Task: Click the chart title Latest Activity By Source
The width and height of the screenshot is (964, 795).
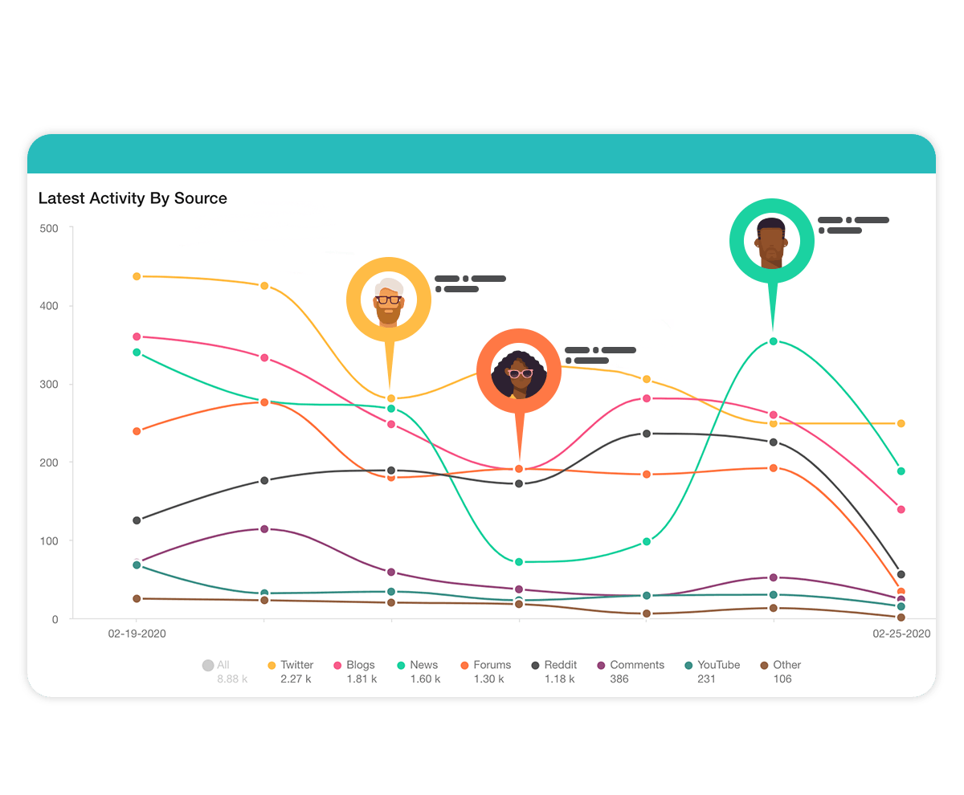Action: click(133, 198)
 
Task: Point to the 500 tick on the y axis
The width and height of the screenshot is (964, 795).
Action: click(49, 228)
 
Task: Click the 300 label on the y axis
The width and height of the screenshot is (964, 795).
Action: click(49, 385)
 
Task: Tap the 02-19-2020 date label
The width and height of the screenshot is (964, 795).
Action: click(137, 634)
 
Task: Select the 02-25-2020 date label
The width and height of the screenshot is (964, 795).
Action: click(901, 634)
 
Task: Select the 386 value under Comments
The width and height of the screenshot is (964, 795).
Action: click(619, 679)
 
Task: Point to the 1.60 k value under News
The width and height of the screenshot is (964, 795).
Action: click(425, 679)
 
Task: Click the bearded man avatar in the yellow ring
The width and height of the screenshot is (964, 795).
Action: click(389, 300)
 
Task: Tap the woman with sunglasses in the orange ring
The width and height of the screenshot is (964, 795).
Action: click(519, 372)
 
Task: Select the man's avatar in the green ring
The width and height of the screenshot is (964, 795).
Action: click(772, 242)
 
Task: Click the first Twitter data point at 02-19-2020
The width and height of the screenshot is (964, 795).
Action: click(137, 276)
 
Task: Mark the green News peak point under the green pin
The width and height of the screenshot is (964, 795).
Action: click(773, 341)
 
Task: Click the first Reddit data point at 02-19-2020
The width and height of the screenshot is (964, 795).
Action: click(137, 520)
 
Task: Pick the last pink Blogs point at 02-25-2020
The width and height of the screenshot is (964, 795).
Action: click(901, 509)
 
